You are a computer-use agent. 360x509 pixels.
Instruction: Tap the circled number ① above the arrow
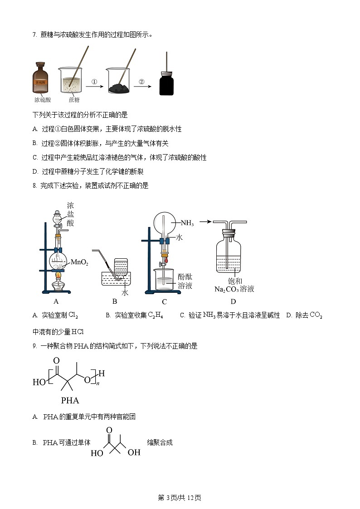coord(94,82)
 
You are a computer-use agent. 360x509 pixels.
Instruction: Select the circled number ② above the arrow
coord(141,82)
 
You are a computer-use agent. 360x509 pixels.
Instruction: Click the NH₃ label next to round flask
coord(187,223)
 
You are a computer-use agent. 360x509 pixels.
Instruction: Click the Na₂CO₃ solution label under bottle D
coord(234,289)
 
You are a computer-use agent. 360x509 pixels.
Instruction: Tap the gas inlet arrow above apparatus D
coord(206,222)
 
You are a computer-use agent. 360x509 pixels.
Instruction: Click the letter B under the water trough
coord(115,301)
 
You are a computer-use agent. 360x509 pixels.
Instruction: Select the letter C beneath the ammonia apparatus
coord(164,302)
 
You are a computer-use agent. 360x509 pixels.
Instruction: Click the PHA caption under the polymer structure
coord(70,400)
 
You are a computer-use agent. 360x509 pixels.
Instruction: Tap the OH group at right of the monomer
coord(134,452)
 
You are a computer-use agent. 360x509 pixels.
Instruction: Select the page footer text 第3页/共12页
coord(180,498)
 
